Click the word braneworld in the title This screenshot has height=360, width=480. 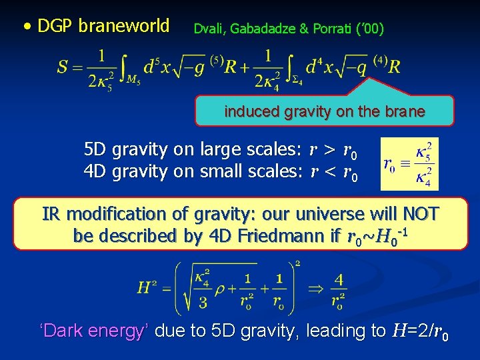(123, 26)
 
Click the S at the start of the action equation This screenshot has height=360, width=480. (64, 67)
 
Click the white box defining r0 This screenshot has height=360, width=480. (409, 164)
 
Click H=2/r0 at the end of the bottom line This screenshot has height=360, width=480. (420, 331)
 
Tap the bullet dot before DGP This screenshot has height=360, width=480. (26, 27)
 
